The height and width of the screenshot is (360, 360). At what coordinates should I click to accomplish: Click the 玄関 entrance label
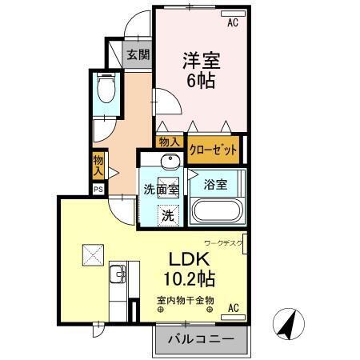(x=138, y=55)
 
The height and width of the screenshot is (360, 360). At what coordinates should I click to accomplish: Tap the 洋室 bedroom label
(x=201, y=60)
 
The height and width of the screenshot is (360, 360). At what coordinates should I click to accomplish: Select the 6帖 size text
(x=201, y=80)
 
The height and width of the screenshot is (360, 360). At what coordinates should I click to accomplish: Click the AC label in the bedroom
(x=233, y=22)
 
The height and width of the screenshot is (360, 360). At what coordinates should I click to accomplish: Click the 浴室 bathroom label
(x=214, y=184)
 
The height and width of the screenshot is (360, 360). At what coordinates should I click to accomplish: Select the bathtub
(x=215, y=214)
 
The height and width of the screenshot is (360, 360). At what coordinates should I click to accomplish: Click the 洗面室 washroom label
(x=161, y=190)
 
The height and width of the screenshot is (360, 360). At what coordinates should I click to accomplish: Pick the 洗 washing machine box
(x=168, y=214)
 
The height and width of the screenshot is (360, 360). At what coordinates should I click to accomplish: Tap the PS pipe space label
(x=98, y=190)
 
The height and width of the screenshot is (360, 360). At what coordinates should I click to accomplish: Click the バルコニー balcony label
(x=201, y=339)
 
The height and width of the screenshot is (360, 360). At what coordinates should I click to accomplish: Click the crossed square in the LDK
(x=89, y=255)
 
